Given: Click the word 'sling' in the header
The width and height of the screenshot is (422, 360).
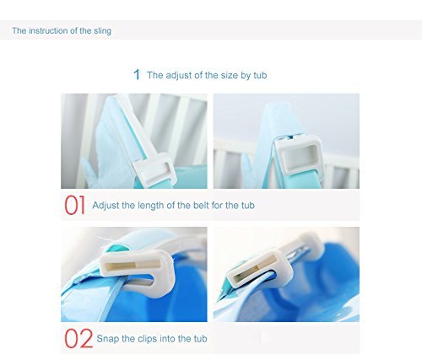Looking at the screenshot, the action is click(x=102, y=31).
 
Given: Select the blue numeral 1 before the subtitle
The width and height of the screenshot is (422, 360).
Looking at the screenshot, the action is click(x=137, y=75).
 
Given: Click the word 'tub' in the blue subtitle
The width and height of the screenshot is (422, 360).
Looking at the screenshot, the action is click(x=260, y=75).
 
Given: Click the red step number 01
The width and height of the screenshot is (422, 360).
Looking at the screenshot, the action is click(x=74, y=206).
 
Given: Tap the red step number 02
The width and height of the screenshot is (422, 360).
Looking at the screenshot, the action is click(x=78, y=339).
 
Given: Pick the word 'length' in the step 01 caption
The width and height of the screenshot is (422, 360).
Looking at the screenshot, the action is click(x=150, y=206).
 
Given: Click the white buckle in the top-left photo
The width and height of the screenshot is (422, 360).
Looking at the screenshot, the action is click(x=154, y=169).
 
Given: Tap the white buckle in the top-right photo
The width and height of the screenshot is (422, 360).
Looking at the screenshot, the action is click(x=300, y=156).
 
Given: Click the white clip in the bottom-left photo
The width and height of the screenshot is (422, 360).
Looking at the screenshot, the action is click(x=138, y=271).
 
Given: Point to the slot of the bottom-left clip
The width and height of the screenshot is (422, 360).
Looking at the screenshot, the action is click(x=133, y=266).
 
